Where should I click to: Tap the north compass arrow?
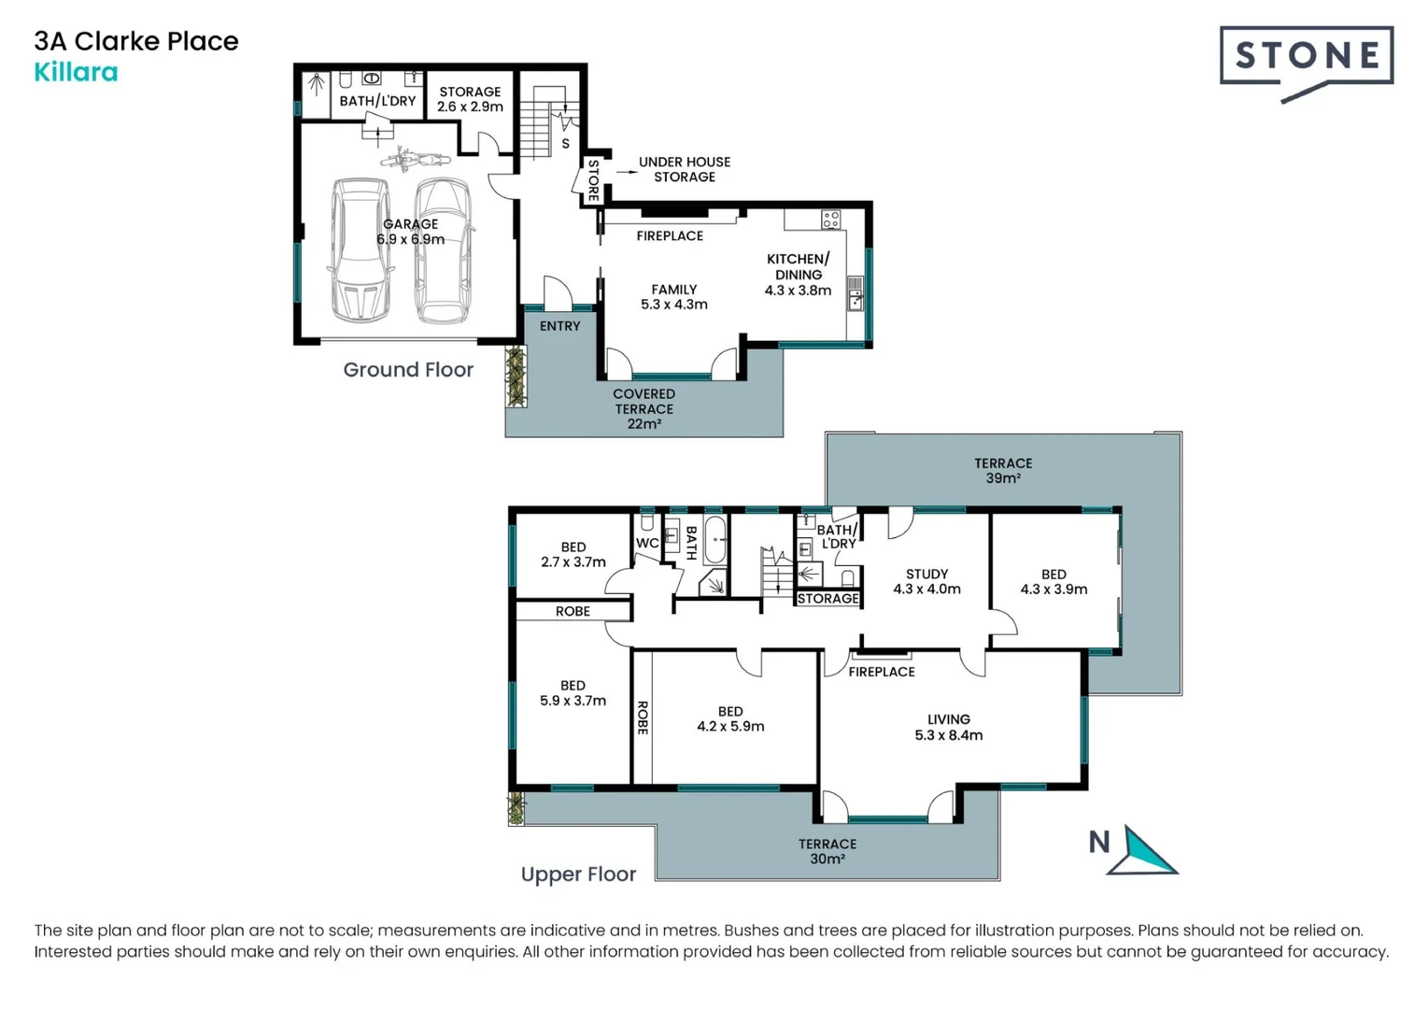(1147, 851)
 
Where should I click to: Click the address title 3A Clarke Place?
(136, 41)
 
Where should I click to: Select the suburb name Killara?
(76, 72)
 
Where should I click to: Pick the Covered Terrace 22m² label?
(643, 408)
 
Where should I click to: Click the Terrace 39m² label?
(1003, 470)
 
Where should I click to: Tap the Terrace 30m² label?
(827, 851)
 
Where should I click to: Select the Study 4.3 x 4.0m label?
(926, 581)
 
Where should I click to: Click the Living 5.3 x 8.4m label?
(948, 727)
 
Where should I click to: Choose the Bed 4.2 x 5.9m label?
(730, 718)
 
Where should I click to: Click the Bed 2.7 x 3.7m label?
(573, 554)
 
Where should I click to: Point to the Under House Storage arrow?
(627, 171)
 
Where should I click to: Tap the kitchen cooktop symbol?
(830, 220)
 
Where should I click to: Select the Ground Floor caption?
(408, 369)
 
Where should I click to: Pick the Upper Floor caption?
(578, 874)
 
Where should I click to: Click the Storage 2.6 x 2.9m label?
(470, 99)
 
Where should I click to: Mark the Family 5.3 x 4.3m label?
(673, 297)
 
